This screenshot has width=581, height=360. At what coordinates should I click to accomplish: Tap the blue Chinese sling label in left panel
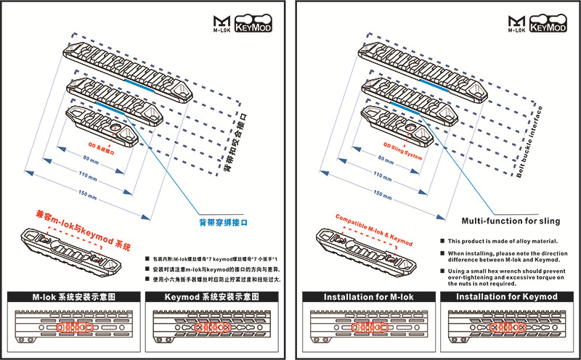coord(224,223)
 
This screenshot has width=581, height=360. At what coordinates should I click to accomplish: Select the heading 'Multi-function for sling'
coord(510,220)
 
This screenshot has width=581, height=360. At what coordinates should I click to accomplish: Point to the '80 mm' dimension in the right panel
coord(381,160)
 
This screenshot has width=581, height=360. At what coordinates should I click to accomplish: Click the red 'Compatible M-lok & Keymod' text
coord(373,226)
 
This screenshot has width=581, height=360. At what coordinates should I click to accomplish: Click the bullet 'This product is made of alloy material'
coord(501,241)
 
